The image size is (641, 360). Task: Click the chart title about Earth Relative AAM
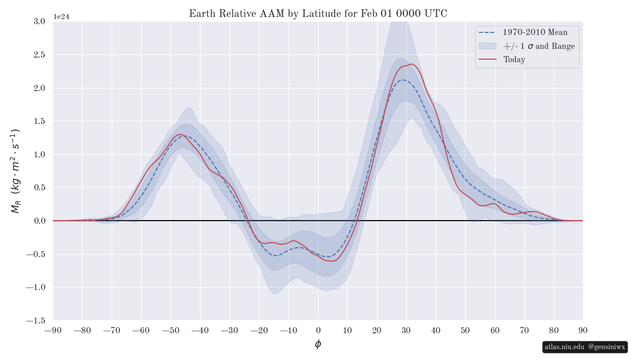[318, 14]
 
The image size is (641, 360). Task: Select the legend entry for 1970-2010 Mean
[535, 32]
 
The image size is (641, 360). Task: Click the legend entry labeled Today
[514, 60]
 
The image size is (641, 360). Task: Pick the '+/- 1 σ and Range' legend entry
[539, 46]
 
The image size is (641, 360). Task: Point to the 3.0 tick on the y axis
[39, 21]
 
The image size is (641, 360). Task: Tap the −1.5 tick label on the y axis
[35, 320]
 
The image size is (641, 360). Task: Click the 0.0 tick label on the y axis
[39, 221]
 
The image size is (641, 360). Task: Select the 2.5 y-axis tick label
[39, 55]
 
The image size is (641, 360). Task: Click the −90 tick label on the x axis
[53, 330]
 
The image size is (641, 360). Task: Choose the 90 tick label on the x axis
[583, 330]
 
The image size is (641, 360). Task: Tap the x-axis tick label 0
[318, 330]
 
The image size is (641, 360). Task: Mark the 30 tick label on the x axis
[406, 330]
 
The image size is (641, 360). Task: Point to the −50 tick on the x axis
[171, 330]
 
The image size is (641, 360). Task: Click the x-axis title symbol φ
[318, 344]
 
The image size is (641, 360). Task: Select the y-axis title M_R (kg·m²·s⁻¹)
[15, 171]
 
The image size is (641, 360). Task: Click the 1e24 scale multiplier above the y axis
[61, 17]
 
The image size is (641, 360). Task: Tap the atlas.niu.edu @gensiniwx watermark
[585, 347]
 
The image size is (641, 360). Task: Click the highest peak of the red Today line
[412, 64]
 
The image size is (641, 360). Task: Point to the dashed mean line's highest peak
[404, 80]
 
